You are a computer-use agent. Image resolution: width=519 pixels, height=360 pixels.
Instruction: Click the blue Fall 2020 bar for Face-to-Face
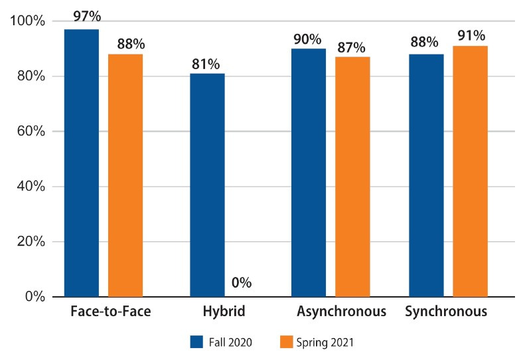[82, 163]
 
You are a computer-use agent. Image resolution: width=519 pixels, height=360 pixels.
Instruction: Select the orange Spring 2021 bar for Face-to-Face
[125, 175]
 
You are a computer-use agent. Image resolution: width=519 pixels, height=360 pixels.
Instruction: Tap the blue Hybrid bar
[207, 185]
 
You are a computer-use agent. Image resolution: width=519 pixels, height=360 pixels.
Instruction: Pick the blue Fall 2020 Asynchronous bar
[309, 173]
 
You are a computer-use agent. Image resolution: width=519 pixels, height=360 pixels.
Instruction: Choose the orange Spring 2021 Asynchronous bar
[352, 177]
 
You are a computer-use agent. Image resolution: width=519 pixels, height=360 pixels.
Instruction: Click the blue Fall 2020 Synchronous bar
[426, 175]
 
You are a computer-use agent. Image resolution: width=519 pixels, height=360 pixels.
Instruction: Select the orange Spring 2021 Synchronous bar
[471, 171]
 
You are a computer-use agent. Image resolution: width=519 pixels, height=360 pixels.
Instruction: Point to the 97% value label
[87, 16]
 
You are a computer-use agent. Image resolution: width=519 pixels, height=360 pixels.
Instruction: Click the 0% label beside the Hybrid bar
[242, 282]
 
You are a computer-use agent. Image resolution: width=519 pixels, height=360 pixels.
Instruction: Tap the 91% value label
[471, 35]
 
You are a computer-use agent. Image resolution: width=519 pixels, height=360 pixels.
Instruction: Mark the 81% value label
[206, 64]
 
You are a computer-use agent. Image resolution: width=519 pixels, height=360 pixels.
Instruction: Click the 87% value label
[351, 48]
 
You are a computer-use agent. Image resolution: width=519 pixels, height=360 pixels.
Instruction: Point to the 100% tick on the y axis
[27, 21]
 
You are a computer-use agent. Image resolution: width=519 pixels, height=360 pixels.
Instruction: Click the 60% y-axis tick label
[31, 131]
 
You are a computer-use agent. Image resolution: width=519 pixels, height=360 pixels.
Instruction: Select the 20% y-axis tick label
[31, 241]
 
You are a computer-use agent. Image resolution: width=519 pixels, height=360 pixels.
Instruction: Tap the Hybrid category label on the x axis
[224, 312]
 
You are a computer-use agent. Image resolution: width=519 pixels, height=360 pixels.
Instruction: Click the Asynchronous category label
[341, 312]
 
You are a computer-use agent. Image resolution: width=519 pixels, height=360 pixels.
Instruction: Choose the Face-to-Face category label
[111, 312]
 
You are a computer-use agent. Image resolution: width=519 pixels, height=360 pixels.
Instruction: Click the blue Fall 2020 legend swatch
[196, 342]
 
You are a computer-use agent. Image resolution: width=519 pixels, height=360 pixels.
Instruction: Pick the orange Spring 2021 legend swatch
[286, 342]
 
